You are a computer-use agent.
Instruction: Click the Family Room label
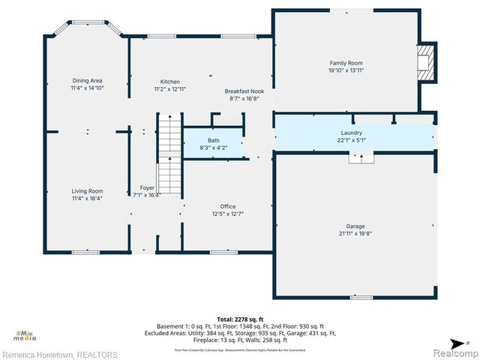coord(346,63)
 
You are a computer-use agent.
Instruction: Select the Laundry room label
coord(352,133)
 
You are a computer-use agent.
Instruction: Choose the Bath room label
coord(214,140)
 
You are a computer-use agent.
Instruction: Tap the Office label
coord(227,206)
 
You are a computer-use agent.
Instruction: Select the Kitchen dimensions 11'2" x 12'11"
coord(169,89)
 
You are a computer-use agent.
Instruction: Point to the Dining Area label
coord(87,80)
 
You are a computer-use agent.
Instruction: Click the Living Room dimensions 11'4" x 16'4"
coord(87,199)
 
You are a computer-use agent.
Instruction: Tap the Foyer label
coord(147,187)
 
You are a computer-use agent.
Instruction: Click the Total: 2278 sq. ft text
coord(240,319)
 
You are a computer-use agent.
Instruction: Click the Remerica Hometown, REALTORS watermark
coord(60,354)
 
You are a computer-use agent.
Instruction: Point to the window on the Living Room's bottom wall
coord(85,252)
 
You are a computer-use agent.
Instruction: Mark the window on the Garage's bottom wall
coord(361,298)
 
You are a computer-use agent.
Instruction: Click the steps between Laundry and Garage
coord(361,158)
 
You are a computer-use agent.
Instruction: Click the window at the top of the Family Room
coord(346,10)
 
